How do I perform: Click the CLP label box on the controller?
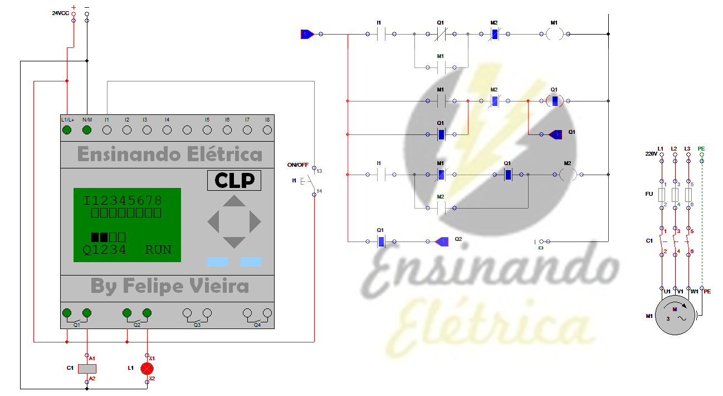234,181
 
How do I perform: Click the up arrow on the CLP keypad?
234,201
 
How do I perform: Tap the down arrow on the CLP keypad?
234,242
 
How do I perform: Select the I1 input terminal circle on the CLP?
107,130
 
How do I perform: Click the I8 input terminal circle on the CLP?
267,130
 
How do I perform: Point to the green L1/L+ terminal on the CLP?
67,130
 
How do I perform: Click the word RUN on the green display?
158,250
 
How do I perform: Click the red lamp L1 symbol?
147,368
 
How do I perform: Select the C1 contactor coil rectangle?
87,368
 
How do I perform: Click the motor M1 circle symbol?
675,316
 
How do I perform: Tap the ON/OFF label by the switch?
297,165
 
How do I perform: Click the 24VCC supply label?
60,12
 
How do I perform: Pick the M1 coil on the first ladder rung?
554,34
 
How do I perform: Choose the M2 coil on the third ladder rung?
568,175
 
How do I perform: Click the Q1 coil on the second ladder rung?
554,101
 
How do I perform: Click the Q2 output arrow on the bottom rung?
442,242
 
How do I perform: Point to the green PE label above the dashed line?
701,149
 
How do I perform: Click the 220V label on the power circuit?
651,153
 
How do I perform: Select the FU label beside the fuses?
649,194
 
